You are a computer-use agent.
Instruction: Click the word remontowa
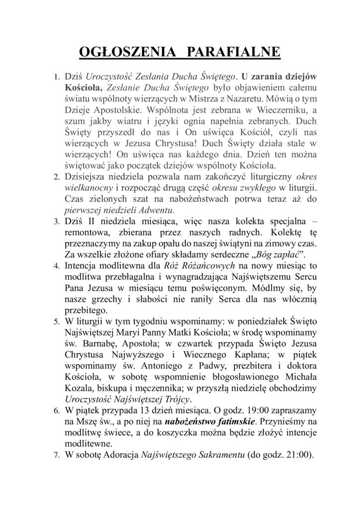click(x=88, y=231)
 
